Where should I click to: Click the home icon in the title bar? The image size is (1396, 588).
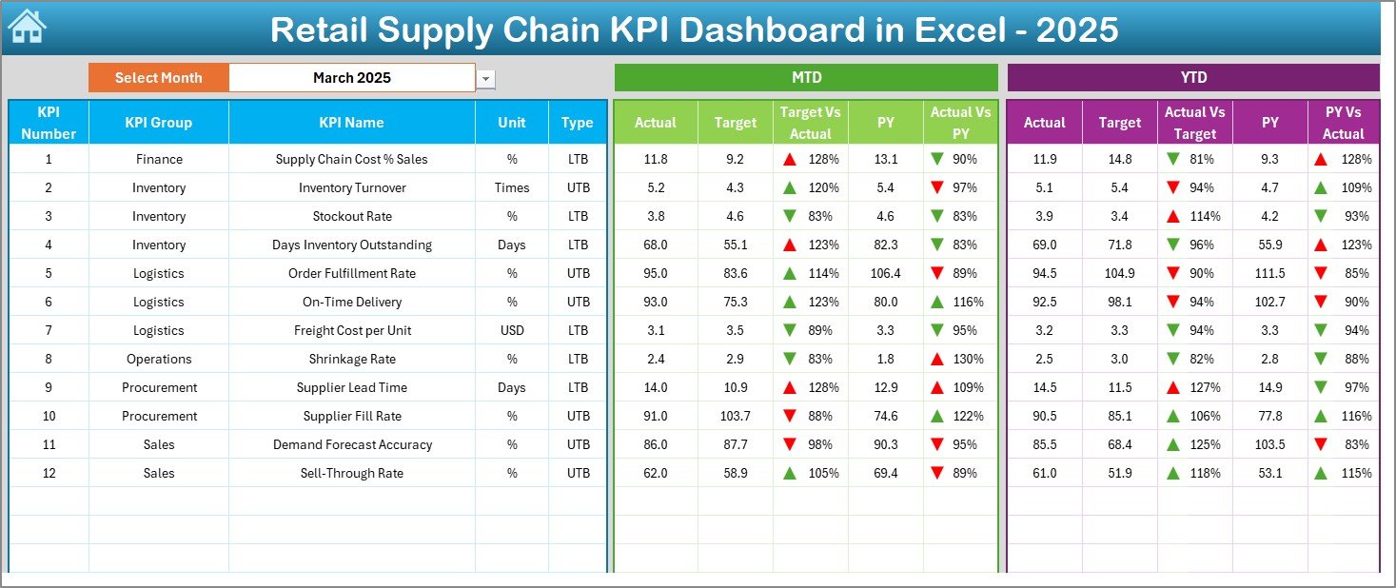tap(27, 28)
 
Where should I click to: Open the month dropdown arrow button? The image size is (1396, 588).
tap(486, 79)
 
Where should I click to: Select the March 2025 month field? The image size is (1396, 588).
tap(351, 78)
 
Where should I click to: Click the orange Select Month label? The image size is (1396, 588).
tap(158, 78)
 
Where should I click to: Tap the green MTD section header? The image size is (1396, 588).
tap(805, 78)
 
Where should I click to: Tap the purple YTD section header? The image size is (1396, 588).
tap(1192, 78)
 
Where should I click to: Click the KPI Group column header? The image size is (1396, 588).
tap(158, 123)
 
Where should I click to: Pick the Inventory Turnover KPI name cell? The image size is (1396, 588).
tap(351, 187)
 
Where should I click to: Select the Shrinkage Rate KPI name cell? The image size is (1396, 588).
tap(351, 359)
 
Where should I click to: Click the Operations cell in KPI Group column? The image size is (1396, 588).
tap(158, 359)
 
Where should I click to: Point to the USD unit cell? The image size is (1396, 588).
tap(511, 330)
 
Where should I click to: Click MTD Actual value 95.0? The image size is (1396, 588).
tap(655, 273)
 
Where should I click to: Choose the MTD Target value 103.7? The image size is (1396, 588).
tap(735, 416)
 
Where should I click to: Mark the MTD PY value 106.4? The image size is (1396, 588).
tap(885, 273)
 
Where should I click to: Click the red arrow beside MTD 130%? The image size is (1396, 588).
tap(937, 359)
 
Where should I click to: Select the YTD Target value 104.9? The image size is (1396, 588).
tap(1119, 273)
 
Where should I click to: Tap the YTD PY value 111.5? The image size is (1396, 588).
tap(1269, 273)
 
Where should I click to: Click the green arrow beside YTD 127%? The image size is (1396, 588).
tap(1172, 387)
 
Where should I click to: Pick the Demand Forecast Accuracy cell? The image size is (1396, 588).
tap(351, 444)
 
